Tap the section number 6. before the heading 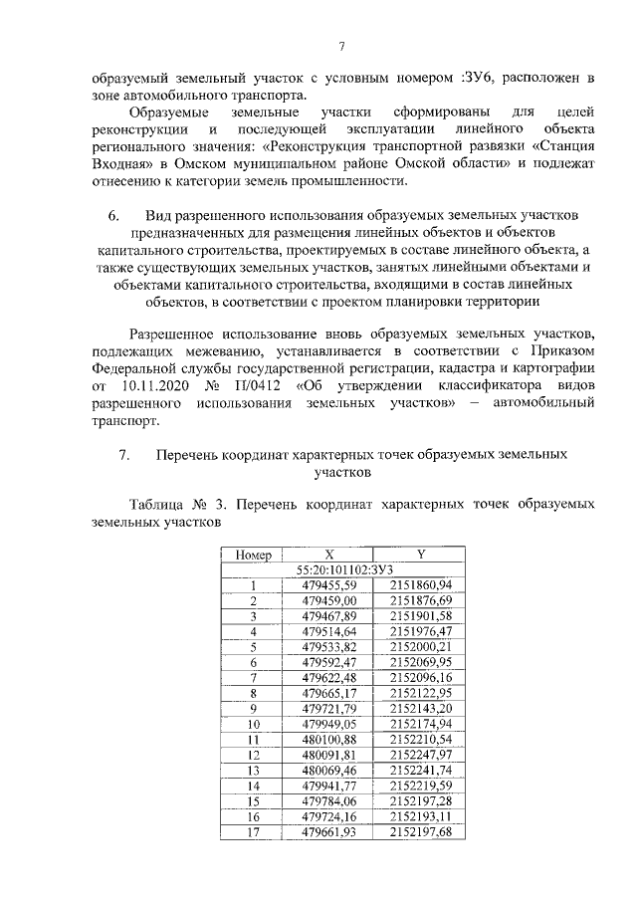pos(113,215)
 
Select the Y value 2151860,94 pos(421,584)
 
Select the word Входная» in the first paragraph pos(121,163)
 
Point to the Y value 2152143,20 pos(421,708)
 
